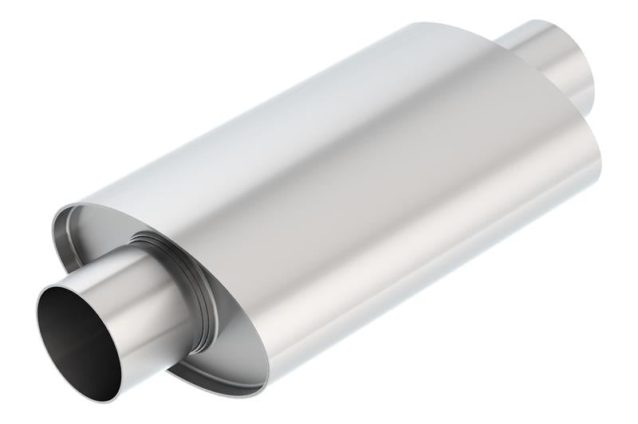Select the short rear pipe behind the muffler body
(x=550, y=60)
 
